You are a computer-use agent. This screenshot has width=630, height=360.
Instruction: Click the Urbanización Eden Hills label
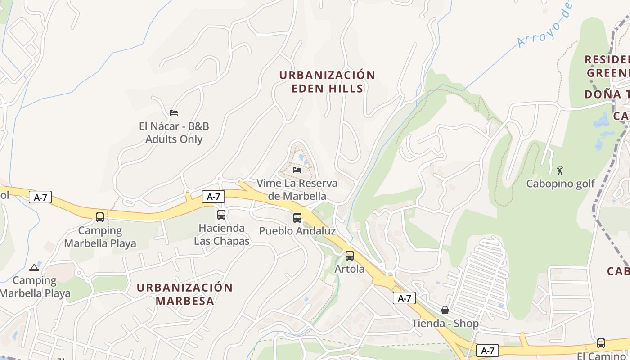pos(327,81)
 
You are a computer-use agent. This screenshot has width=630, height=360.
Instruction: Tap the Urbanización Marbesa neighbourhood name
pos(184,294)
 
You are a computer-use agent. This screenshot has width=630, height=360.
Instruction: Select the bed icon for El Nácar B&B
pos(174,112)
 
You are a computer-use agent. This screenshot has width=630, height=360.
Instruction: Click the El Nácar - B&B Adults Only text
pos(174,133)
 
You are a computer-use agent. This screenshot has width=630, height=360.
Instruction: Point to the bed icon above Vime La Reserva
pos(297,170)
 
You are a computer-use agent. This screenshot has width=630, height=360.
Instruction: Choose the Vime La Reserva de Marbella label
pos(297,189)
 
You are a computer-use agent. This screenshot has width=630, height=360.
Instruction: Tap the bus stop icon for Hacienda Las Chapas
pos(221,215)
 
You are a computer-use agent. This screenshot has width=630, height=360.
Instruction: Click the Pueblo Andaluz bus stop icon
pos(297,218)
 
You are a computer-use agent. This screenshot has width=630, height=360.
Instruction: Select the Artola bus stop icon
pos(350,256)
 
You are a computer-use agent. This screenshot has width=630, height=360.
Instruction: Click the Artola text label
pos(350,269)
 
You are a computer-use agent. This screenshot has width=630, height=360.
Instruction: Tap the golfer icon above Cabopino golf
pos(560,171)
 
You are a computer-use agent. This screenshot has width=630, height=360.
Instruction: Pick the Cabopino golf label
pos(560,184)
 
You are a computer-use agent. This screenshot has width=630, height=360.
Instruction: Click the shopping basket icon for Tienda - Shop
pos(445,310)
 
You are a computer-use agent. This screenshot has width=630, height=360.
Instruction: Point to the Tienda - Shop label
pos(445,324)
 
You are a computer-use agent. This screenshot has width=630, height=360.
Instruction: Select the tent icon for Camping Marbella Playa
pos(34,267)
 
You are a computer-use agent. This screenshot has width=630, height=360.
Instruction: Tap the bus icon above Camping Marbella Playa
pos(100,217)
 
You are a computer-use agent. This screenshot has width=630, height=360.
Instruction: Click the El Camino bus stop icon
pos(601,343)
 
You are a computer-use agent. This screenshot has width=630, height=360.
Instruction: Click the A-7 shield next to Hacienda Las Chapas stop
pos(213,197)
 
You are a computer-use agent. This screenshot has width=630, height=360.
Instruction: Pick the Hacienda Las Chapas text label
pos(222,234)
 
